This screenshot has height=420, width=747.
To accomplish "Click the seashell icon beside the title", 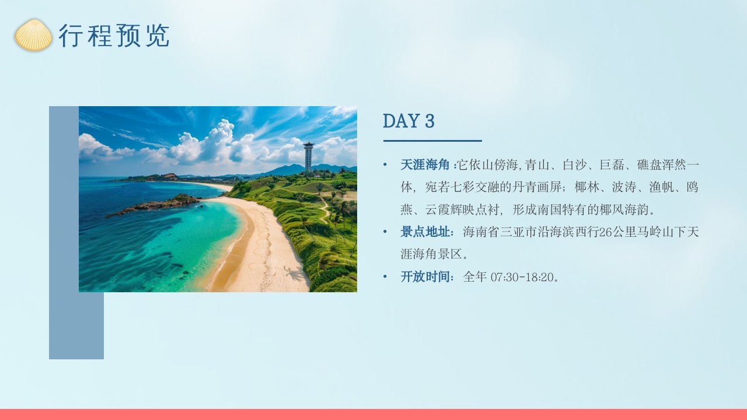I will point(33,35).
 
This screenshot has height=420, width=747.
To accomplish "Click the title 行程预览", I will point(114,36).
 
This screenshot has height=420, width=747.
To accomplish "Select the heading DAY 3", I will point(409,121).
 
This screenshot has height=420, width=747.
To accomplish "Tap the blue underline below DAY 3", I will point(432,141).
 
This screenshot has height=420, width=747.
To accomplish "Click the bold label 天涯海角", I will point(425,165).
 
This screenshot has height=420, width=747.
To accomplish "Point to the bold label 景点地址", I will point(425,232).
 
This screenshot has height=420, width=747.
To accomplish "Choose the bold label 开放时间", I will point(425,276).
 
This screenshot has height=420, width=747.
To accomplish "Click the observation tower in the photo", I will point(308,156).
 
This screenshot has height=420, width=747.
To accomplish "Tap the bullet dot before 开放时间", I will point(385,276).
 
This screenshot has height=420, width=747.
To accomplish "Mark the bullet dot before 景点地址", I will point(385,232).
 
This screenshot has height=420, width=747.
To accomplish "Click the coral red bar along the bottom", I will point(373,414).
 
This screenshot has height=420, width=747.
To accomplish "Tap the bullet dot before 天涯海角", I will point(385,165).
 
